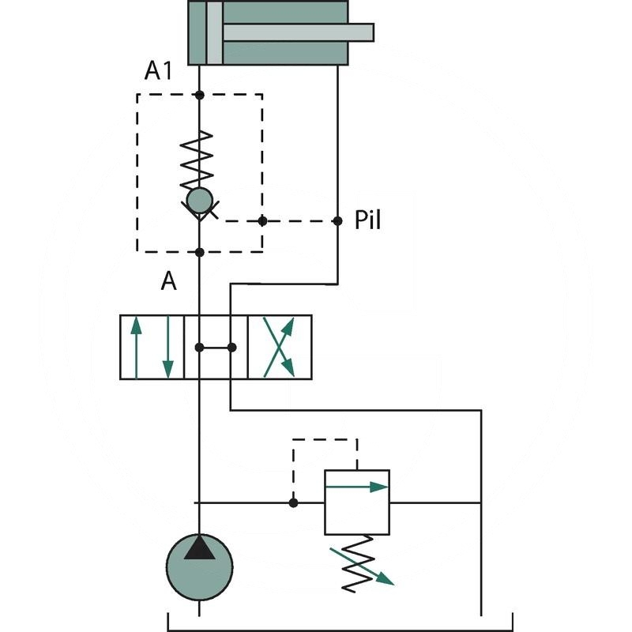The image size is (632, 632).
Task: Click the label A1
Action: pos(158,71)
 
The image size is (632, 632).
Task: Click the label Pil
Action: pos(367,220)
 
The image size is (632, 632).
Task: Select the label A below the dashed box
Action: pos(168,281)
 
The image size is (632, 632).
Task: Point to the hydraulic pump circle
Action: pos(199,566)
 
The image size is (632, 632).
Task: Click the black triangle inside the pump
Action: pos(199,547)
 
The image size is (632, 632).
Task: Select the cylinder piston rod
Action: pos(299,32)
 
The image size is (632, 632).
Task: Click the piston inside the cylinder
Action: pos(214,32)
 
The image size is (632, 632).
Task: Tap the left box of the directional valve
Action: pos(152,347)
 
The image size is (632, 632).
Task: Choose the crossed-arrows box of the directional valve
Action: pos(280,347)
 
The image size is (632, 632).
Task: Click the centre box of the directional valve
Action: pos(216,347)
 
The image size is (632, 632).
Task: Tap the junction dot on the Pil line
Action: pos(337,220)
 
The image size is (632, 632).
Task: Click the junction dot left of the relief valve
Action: pos(293,502)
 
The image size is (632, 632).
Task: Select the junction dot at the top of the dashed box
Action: pos(199,95)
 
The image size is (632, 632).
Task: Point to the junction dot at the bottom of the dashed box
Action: pos(199,252)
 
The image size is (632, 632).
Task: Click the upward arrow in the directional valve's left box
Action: pos(136,347)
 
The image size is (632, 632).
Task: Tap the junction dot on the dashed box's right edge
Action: pos(262,220)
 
